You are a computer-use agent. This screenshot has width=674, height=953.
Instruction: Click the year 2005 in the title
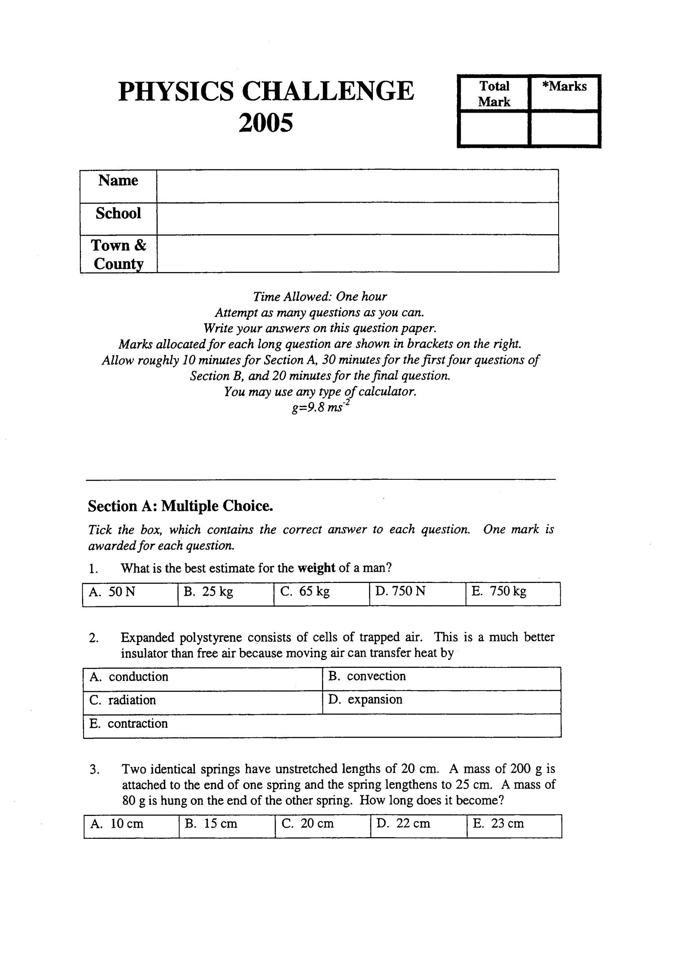click(265, 123)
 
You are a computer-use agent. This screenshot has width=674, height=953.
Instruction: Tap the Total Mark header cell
click(494, 94)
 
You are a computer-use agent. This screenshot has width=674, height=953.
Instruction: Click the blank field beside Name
click(357, 186)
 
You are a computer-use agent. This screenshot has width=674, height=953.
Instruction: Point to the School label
click(118, 213)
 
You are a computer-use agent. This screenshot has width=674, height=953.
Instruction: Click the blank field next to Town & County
click(357, 254)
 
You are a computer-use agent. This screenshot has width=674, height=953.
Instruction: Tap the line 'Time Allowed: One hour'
click(320, 297)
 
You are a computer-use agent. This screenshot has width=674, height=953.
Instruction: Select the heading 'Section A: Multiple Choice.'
click(181, 506)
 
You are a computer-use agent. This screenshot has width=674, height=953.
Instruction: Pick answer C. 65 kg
click(305, 591)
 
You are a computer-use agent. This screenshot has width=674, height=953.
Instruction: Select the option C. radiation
click(122, 700)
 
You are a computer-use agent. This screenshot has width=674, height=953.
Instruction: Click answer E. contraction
click(128, 723)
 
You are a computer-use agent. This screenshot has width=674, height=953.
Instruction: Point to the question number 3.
click(94, 769)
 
